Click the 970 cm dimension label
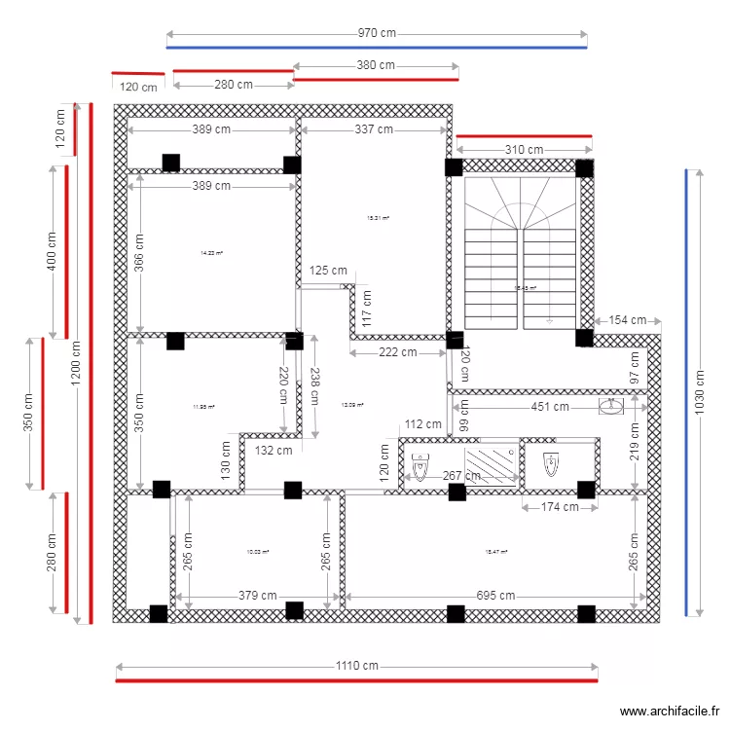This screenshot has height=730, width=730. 377,33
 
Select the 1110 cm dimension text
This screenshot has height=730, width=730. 357,666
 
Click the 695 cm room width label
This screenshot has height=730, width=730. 495,596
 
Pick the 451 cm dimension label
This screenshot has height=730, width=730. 549,407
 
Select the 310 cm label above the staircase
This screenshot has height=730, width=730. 524,150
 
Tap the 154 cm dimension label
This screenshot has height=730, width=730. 628,320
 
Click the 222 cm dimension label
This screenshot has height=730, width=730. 397,352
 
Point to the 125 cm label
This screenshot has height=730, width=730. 328,271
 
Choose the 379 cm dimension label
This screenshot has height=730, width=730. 256,596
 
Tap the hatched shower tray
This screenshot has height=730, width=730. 492,464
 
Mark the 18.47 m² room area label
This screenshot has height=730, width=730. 496,552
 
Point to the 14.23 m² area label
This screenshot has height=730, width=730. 211,253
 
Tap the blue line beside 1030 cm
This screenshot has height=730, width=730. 686,392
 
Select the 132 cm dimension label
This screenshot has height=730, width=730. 273,450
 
